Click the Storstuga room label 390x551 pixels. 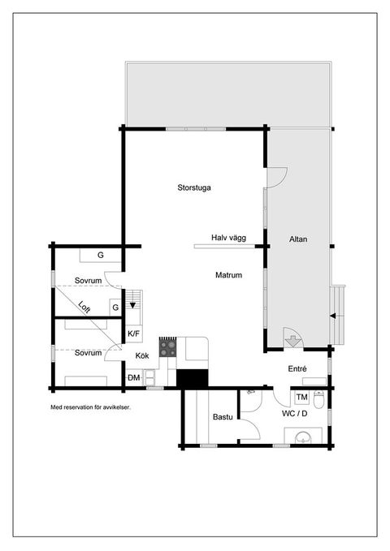tap(194, 187)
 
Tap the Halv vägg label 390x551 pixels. tap(228, 238)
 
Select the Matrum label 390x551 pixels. tap(228, 275)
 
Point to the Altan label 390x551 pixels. tap(298, 239)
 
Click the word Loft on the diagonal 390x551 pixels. tap(84, 307)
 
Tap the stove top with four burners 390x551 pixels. tap(168, 347)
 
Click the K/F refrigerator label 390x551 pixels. tap(133, 334)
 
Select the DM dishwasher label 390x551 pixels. tap(134, 378)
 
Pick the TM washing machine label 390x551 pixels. tap(301, 398)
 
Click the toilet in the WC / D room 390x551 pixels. tap(318, 399)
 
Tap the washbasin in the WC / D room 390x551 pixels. tap(303, 437)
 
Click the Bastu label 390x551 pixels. tap(223, 417)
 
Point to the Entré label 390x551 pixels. tap(297, 369)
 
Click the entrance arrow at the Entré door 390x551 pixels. tap(292, 341)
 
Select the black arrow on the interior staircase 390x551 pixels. tap(132, 305)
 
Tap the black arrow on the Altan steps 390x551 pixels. tap(332, 316)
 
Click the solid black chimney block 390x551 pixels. tap(193, 378)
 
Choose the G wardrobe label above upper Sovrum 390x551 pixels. tap(101, 255)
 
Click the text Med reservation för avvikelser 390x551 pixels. tap(90, 407)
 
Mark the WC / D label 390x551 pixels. tap(295, 414)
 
